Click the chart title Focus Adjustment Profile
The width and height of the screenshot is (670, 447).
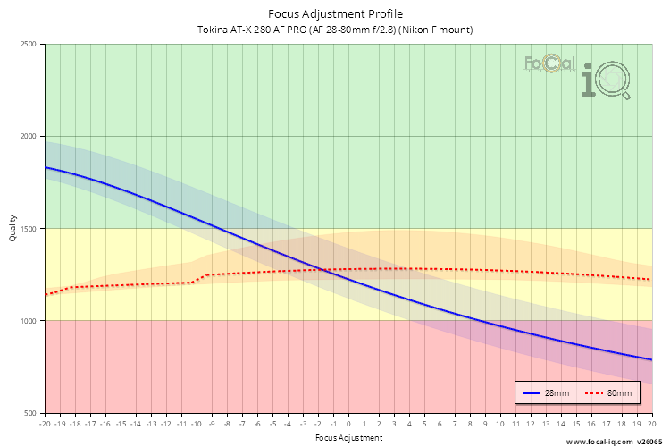335,14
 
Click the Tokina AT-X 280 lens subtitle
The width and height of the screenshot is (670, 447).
335,30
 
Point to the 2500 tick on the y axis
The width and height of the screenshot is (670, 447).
29,45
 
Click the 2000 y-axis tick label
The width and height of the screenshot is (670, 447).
29,137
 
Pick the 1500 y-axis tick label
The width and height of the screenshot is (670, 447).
29,229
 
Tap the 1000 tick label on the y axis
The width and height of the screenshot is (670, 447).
29,321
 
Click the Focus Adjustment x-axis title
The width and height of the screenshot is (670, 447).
348,438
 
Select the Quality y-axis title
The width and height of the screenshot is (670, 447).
13,229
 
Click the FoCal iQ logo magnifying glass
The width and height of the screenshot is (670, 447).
615,82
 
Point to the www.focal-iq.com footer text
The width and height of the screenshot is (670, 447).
599,442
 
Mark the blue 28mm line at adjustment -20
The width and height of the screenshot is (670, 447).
46,167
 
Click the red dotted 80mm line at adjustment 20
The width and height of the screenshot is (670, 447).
650,280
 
